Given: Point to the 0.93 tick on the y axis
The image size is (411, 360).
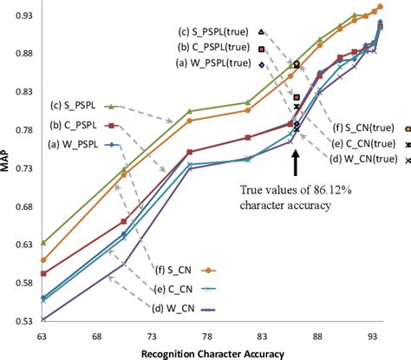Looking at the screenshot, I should [x=23, y=16].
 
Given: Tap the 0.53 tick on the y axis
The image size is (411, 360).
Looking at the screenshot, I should [x=23, y=321].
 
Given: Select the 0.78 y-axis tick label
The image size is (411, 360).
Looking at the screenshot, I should [x=23, y=130].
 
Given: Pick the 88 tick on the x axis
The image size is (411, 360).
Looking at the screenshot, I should [x=318, y=334].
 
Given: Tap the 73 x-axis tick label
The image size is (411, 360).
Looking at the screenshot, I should [x=153, y=334].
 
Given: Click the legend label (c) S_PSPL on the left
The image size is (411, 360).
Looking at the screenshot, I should [x=75, y=106].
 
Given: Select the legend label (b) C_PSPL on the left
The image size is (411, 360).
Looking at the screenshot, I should [x=75, y=126].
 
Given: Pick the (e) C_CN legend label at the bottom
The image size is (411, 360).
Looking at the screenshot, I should [x=174, y=289].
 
